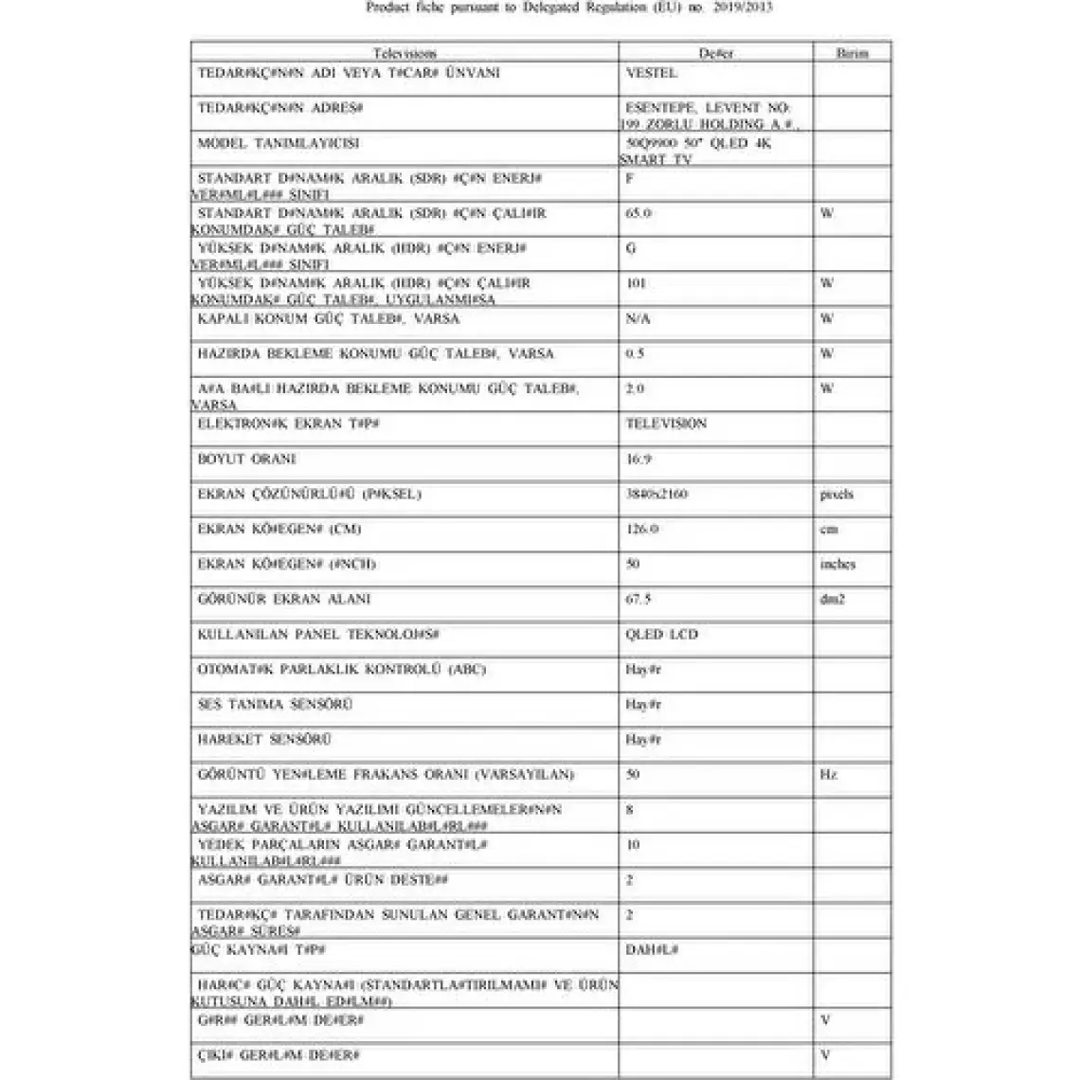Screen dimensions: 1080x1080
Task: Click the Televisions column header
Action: point(405,54)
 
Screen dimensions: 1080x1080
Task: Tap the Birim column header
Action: point(852,54)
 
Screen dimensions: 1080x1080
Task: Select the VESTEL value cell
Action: point(652,73)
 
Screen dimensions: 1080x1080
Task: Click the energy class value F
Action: point(630,178)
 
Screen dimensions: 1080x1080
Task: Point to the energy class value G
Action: point(631,248)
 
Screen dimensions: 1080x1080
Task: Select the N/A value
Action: point(638,319)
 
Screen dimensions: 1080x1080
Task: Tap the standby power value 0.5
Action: point(635,353)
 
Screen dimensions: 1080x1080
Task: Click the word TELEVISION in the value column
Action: point(666,423)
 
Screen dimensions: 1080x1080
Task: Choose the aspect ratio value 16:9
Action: point(639,459)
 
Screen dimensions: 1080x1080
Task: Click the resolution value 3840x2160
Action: point(657,495)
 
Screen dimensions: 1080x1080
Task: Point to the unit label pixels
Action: point(837,495)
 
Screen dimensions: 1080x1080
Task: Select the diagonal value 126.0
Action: point(641,530)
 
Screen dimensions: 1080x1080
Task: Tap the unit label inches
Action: point(837,565)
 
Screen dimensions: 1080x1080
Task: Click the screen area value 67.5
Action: point(639,600)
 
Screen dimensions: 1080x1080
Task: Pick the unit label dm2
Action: point(832,600)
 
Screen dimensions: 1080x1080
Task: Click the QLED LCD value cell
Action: point(661,635)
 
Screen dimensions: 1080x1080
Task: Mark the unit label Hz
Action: point(828,775)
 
